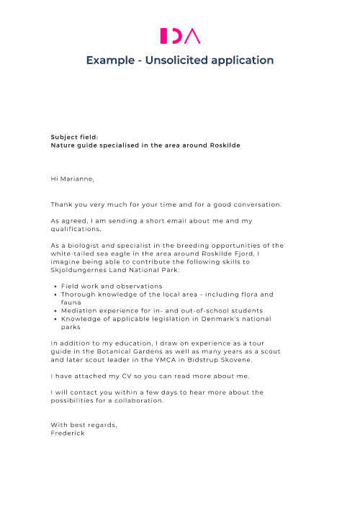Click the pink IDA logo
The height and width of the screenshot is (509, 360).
click(x=180, y=35)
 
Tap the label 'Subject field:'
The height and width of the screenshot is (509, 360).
click(x=74, y=137)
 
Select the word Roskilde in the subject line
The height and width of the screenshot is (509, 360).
click(x=224, y=145)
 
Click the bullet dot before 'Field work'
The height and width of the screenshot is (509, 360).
click(x=55, y=287)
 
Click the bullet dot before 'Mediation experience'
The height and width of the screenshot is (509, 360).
click(x=55, y=310)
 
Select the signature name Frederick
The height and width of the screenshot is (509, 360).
click(x=68, y=433)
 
